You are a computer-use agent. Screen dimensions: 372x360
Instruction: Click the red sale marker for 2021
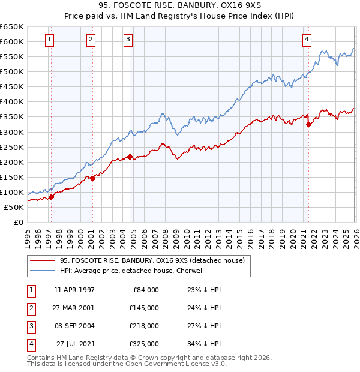tap(308, 124)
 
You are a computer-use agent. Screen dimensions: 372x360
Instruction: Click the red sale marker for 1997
tap(51, 197)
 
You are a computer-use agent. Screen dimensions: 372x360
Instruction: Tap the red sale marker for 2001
tap(92, 178)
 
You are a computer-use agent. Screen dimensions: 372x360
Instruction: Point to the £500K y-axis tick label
tap(12, 71)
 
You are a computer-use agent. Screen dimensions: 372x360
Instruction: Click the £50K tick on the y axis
tap(14, 207)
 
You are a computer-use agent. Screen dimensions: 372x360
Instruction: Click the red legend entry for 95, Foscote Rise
tap(152, 260)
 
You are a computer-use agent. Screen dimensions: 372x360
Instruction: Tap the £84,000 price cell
tap(145, 290)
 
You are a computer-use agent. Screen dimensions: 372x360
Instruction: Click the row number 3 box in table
tap(31, 326)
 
